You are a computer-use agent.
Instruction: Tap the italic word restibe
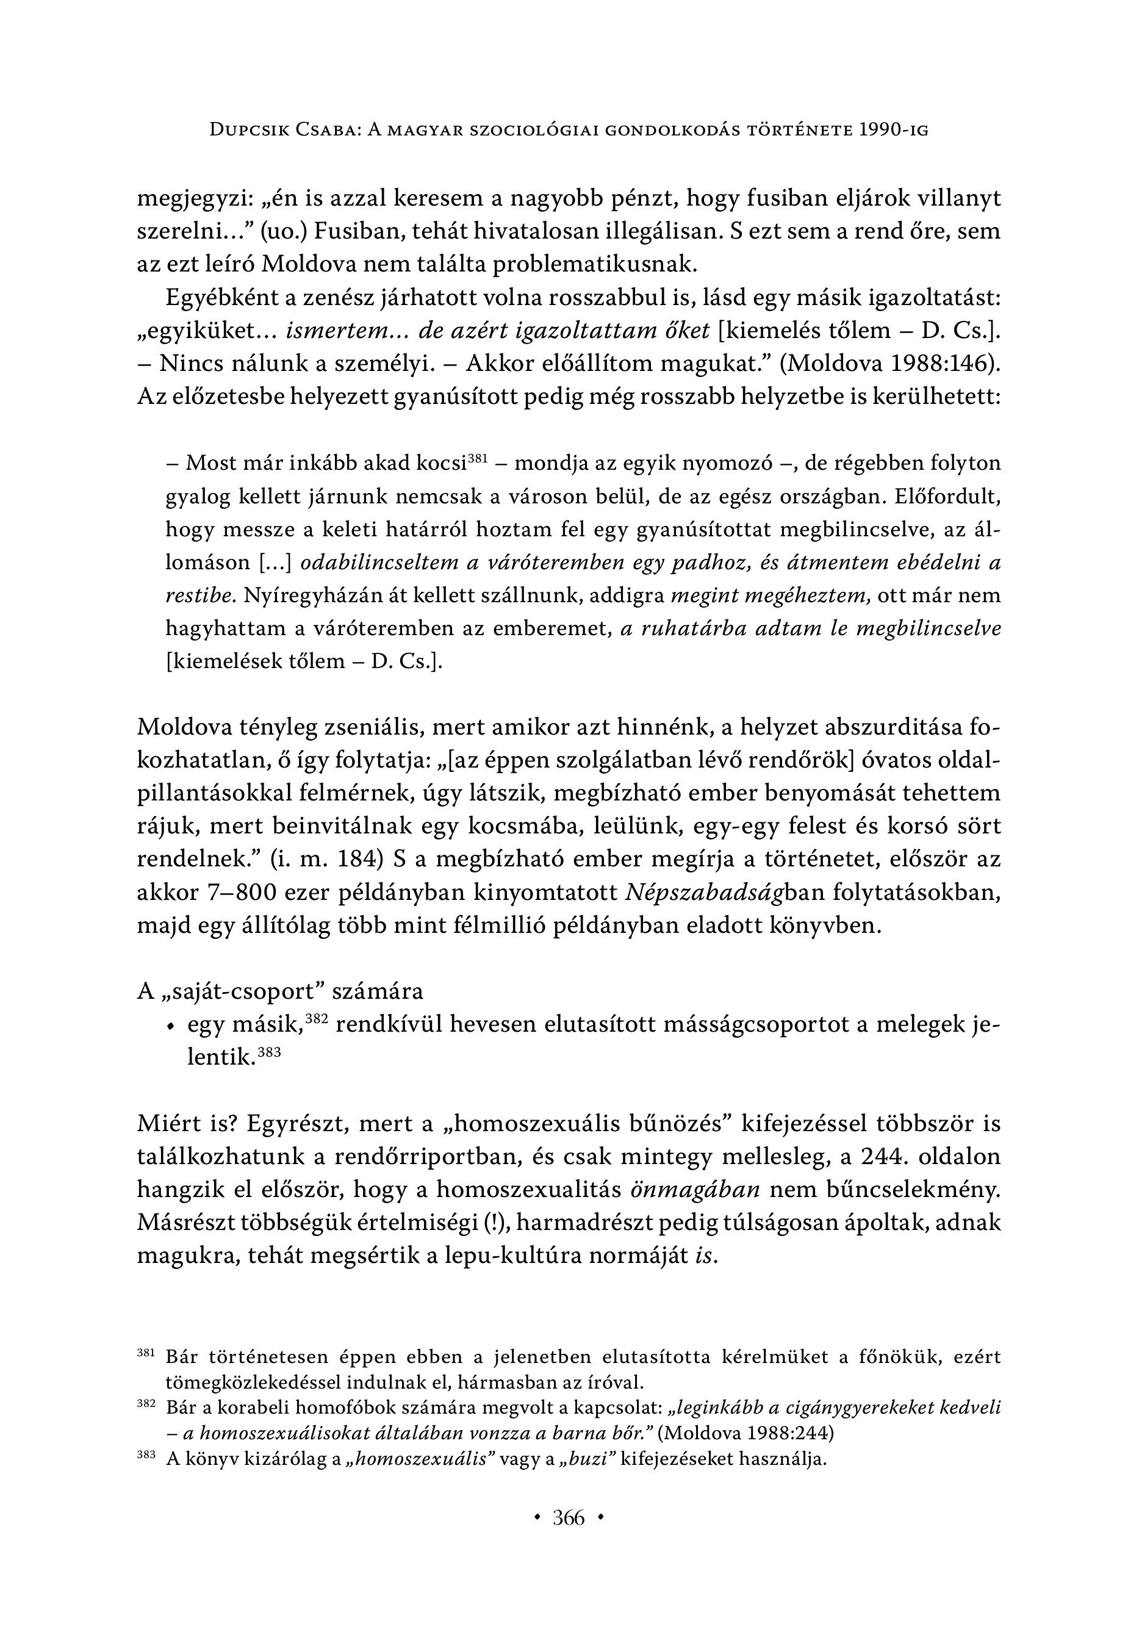[199, 595]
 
